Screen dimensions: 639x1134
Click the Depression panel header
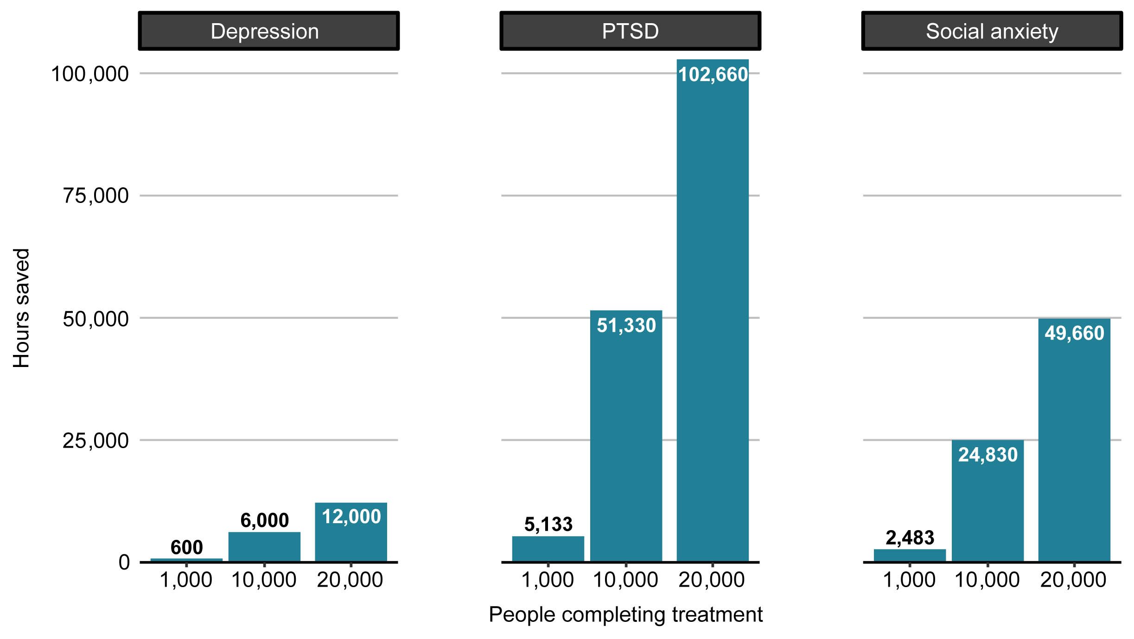pyautogui.click(x=268, y=31)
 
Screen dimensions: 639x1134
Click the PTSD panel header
pyautogui.click(x=630, y=31)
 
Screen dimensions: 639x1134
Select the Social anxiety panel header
pyautogui.click(x=992, y=31)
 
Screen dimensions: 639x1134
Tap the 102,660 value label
pyautogui.click(x=713, y=75)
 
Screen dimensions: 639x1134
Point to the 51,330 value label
pyautogui.click(x=626, y=325)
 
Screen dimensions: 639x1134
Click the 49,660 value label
pyautogui.click(x=1074, y=333)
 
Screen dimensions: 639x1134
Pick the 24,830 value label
pyautogui.click(x=987, y=455)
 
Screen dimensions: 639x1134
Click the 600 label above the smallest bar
pyautogui.click(x=186, y=547)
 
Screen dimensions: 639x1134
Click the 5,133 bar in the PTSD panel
pyautogui.click(x=548, y=549)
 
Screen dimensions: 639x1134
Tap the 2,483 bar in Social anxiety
pyautogui.click(x=910, y=555)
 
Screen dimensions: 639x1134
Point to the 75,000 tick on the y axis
pyautogui.click(x=96, y=196)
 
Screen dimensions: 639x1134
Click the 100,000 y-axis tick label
pyautogui.click(x=89, y=74)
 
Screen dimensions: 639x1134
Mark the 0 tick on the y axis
pyautogui.click(x=124, y=562)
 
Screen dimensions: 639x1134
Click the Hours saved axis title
pyautogui.click(x=21, y=308)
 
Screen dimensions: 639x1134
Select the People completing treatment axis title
pyautogui.click(x=625, y=615)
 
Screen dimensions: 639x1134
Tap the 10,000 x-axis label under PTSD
pyautogui.click(x=625, y=580)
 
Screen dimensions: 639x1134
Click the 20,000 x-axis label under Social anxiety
pyautogui.click(x=1073, y=580)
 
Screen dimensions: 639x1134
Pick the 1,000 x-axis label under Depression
pyautogui.click(x=186, y=580)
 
